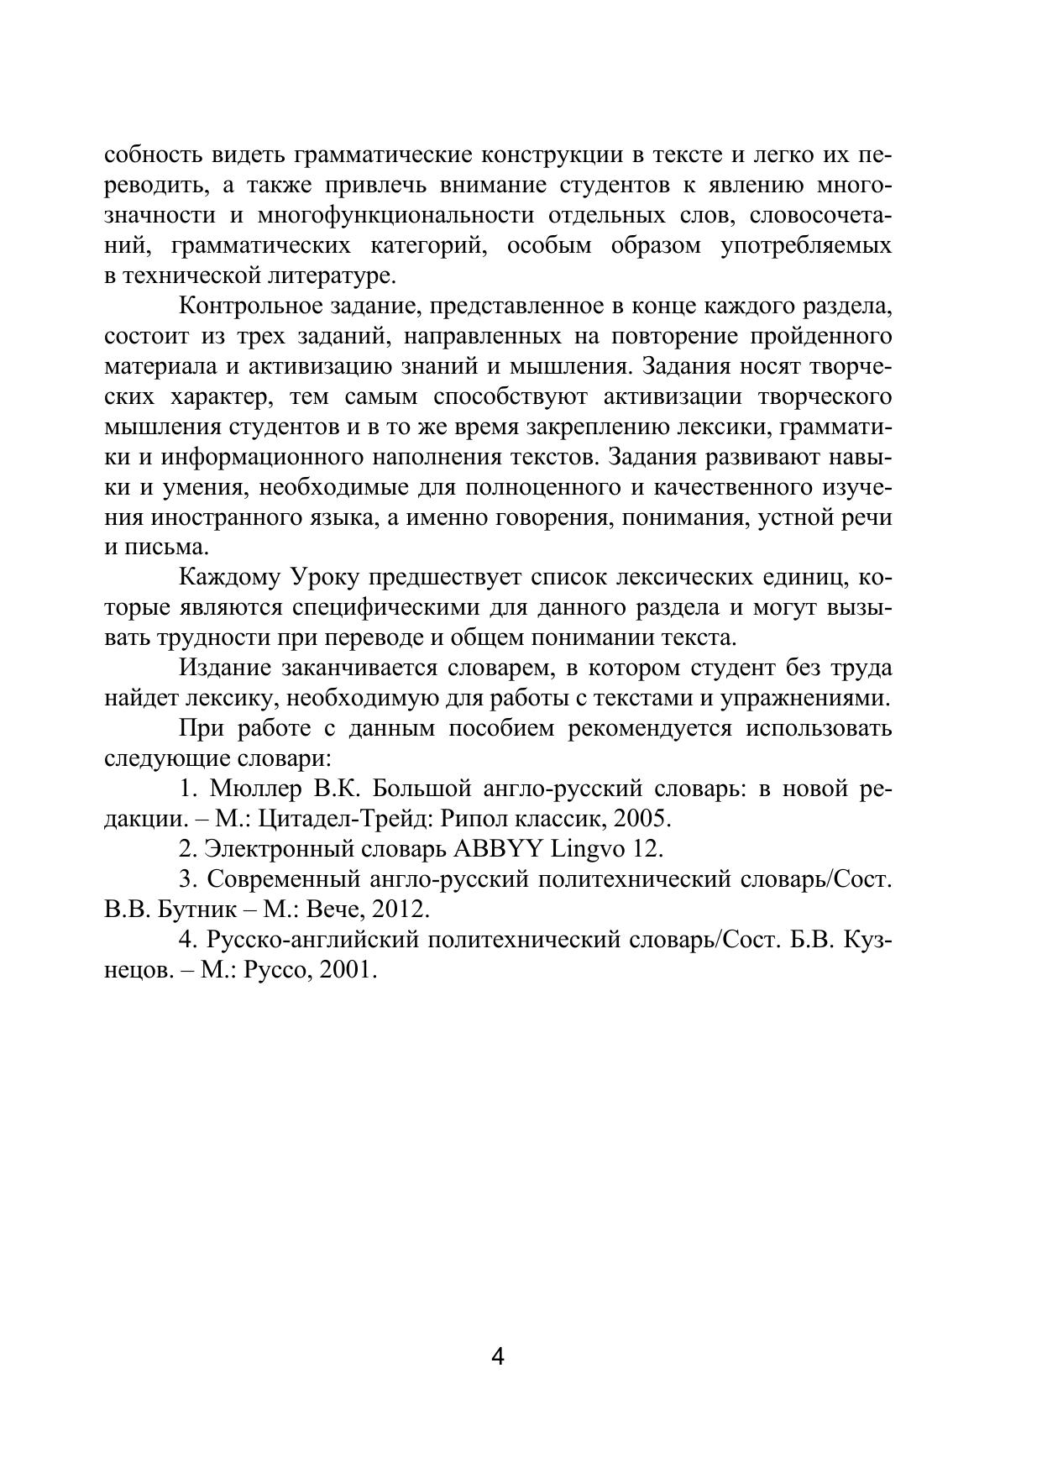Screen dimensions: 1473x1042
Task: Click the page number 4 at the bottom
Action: [x=497, y=1357]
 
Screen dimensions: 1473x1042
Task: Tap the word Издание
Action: [x=225, y=668]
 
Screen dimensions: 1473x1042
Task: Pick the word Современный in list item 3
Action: [x=281, y=879]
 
